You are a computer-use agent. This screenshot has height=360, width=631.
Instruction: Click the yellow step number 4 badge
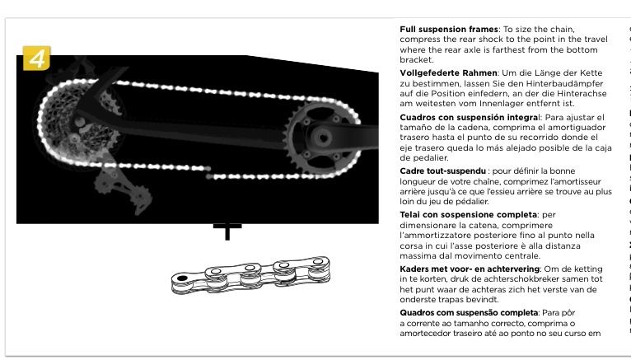coord(35,59)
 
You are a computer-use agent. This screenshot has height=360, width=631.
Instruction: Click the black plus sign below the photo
coord(227,230)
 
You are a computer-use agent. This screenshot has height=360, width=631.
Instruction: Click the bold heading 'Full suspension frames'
coord(448,30)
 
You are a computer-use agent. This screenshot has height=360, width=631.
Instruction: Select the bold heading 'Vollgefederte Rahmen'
coord(448,73)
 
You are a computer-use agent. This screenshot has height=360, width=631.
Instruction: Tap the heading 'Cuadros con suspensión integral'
coord(465,118)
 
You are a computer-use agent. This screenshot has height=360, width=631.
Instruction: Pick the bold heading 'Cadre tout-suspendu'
coord(442,171)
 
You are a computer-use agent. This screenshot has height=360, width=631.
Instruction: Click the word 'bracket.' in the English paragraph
coord(416,60)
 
